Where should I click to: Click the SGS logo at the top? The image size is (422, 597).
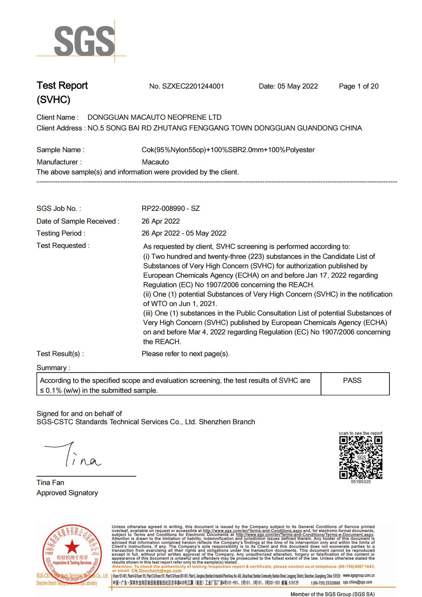pos(84,41)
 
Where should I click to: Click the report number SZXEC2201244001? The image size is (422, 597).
pos(193,86)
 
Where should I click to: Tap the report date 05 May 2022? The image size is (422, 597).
pos(297,86)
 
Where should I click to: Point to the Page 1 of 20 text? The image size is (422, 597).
pos(359,86)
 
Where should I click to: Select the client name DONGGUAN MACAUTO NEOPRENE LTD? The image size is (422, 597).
pos(154,118)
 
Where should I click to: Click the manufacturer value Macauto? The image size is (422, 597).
pos(155,162)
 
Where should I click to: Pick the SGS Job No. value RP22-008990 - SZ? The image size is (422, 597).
pos(170,209)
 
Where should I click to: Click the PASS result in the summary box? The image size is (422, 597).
pos(352,381)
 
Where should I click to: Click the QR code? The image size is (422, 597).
pos(361,457)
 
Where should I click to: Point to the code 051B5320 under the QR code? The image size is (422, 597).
pos(361,482)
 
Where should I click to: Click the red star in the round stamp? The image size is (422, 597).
pos(72,546)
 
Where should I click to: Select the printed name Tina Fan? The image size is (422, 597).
pos(50,483)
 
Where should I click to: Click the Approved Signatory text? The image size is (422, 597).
pos(67,493)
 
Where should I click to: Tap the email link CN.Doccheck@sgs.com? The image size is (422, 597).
pos(156,571)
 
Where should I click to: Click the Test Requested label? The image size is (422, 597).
pos(63,246)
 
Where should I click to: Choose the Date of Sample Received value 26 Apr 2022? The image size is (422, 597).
pos(160,221)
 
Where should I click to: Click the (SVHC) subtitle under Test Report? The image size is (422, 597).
pos(53,100)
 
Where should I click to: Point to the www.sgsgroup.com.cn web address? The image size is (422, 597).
pos(359,576)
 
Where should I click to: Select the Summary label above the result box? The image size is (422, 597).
pos(53,368)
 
